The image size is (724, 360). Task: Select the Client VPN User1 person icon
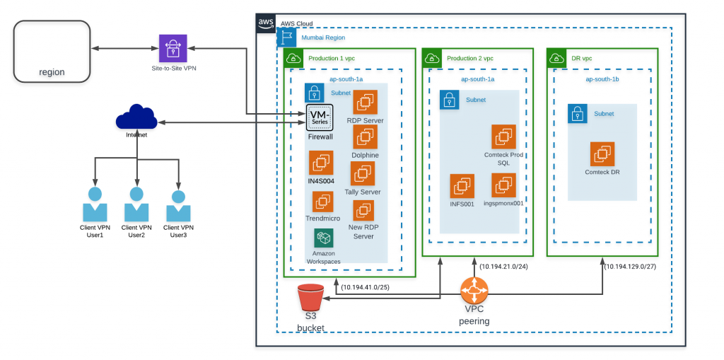click(x=95, y=206)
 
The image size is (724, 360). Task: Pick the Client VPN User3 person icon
click(x=178, y=206)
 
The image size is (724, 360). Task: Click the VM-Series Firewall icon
click(x=320, y=117)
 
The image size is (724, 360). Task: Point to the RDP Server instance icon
click(x=366, y=103)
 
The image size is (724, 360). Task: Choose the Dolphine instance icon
click(x=365, y=137)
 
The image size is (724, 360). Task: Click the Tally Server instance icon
click(x=363, y=173)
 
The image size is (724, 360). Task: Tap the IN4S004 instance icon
click(x=320, y=163)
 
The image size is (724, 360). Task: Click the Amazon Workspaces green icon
click(x=324, y=238)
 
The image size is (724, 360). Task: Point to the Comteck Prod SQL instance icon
click(x=503, y=137)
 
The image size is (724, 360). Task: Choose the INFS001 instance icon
click(x=462, y=186)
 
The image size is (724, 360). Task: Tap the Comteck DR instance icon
click(x=602, y=153)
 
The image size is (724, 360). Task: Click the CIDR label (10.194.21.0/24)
click(x=504, y=266)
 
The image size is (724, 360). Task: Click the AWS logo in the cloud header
click(x=266, y=23)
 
